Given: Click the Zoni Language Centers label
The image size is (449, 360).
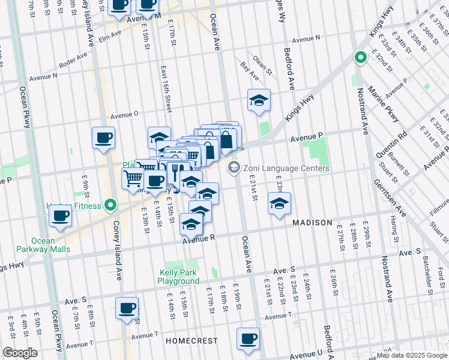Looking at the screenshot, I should click(286, 169).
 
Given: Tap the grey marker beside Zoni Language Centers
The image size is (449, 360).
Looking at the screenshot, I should click(234, 168).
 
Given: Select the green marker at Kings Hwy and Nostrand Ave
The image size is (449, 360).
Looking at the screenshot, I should click(360, 58).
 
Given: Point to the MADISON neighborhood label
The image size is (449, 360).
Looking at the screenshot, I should click(312, 223).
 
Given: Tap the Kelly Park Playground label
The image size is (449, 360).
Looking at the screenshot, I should click(179, 276).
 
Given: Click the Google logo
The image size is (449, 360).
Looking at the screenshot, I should click(20, 352).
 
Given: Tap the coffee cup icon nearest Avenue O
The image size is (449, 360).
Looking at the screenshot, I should click(103, 137).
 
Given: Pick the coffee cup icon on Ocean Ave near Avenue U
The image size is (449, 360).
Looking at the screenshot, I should click(248, 338).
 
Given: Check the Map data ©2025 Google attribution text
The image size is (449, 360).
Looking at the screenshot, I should click(411, 355).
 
